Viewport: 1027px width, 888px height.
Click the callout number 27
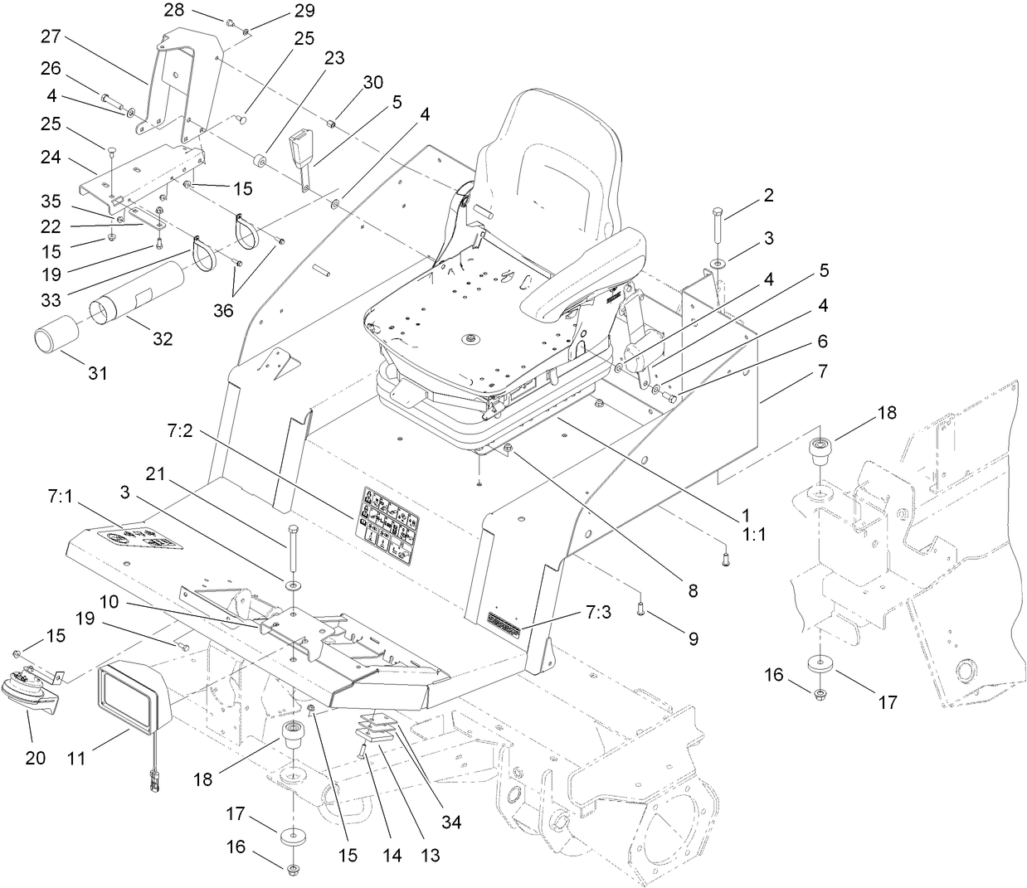click(x=51, y=36)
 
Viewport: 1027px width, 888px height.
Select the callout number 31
click(x=98, y=373)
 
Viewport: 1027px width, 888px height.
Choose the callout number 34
click(x=451, y=822)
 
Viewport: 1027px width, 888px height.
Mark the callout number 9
click(x=691, y=639)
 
